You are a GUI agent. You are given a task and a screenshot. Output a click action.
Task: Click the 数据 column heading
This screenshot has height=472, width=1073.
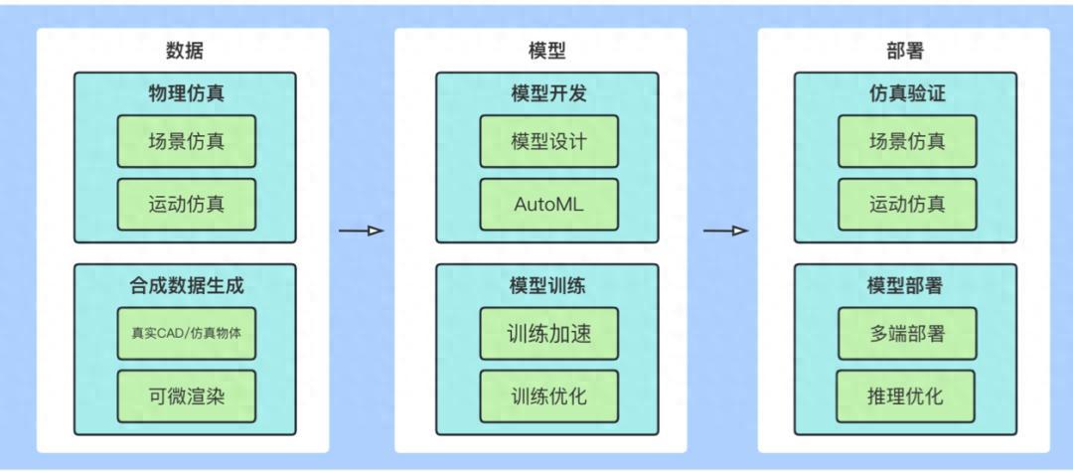click(186, 51)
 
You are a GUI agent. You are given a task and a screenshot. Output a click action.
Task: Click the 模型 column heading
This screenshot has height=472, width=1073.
click(547, 51)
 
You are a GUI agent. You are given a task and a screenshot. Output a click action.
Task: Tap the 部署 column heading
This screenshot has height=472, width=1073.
click(905, 51)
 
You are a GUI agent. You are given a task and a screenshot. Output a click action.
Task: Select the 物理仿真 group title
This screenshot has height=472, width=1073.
click(186, 95)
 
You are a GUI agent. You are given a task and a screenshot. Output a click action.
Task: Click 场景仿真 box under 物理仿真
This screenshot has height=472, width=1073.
click(186, 141)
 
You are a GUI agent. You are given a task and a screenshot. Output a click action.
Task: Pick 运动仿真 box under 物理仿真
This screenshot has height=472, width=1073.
click(186, 205)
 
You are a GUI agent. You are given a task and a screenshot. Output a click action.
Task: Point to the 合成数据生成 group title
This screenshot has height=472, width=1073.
click(186, 287)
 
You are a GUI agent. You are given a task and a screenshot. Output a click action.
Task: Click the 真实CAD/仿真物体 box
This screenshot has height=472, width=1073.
click(186, 333)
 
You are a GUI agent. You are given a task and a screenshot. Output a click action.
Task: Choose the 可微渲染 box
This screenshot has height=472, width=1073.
click(186, 396)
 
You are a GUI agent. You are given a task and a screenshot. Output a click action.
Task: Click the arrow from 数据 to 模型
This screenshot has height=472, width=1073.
click(361, 232)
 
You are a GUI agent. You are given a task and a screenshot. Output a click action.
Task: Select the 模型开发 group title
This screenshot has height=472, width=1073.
click(547, 95)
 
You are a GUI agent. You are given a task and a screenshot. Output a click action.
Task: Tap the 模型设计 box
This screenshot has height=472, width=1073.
click(548, 141)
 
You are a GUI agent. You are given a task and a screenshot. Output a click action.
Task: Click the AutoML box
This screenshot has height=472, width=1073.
click(548, 205)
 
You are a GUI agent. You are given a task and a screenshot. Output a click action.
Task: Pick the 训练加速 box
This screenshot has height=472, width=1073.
click(548, 333)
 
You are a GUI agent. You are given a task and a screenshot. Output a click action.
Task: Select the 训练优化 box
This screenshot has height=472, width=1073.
click(548, 396)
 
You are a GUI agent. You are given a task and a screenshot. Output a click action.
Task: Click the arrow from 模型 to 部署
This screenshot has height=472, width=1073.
click(725, 232)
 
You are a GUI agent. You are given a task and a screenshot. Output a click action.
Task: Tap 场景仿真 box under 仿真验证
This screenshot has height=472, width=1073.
click(907, 141)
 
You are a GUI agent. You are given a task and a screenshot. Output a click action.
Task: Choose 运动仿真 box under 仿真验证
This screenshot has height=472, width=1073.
click(907, 205)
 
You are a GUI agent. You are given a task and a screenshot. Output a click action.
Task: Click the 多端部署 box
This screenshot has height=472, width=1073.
click(907, 333)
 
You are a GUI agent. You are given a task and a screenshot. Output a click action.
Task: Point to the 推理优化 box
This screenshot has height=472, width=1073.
click(905, 396)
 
